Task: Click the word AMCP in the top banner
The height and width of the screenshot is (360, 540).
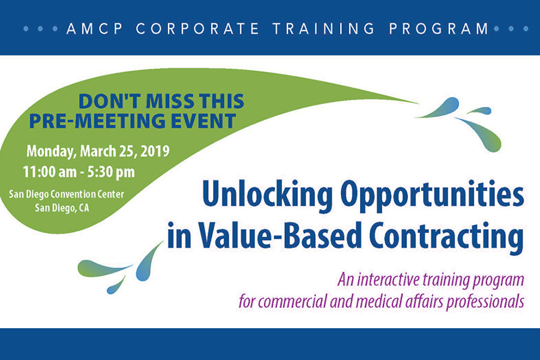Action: tap(95, 29)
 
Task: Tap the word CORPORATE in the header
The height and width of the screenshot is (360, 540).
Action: tap(197, 29)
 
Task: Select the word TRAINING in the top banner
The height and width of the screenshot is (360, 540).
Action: tap(323, 29)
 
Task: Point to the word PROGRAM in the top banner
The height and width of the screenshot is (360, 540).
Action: tap(439, 29)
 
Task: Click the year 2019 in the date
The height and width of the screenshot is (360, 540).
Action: tap(155, 151)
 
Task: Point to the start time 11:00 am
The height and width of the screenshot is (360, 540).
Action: tap(50, 172)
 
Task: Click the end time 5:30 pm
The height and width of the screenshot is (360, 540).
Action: tap(111, 172)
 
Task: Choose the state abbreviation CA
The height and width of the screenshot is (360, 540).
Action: tap(83, 208)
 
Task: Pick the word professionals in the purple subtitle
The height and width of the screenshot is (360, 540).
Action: tap(485, 302)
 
